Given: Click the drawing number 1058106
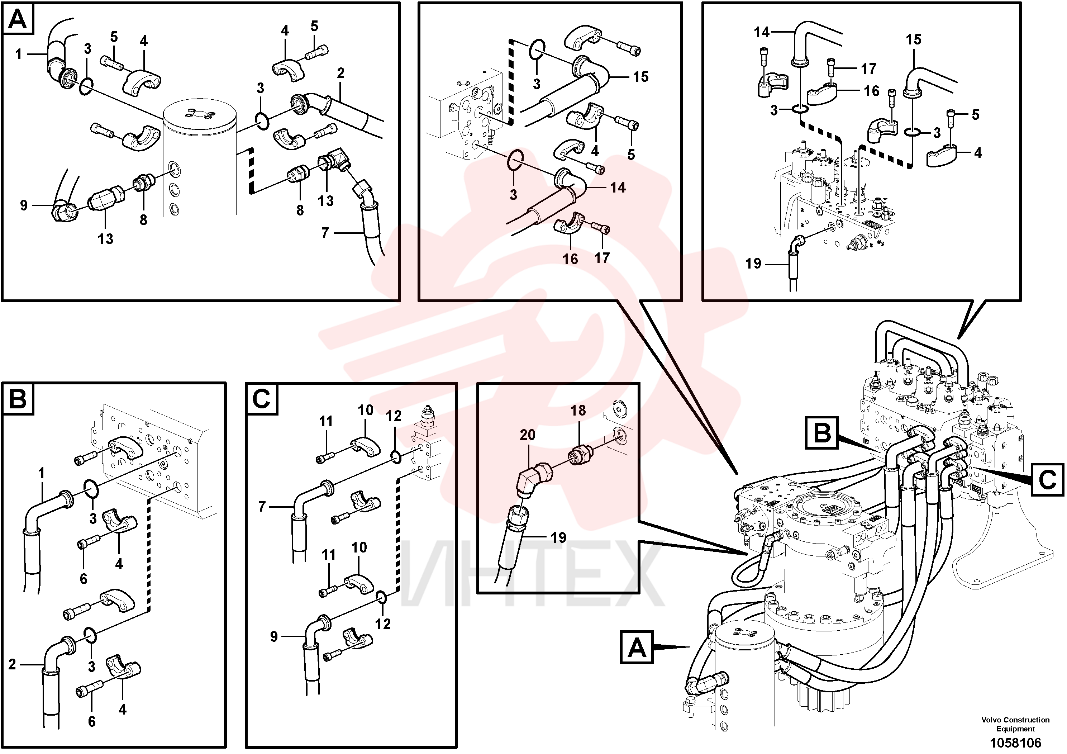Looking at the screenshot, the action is (x=1015, y=743).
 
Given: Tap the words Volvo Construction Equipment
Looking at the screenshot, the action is (x=1015, y=724).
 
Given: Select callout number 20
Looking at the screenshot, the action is (x=528, y=435).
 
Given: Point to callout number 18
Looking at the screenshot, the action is (x=578, y=410).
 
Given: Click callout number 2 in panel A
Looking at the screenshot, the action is (x=340, y=73).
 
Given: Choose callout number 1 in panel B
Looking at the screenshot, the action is (x=41, y=473).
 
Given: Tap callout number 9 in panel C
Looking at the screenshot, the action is (x=274, y=636).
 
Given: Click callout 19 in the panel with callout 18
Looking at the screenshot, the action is (x=558, y=537).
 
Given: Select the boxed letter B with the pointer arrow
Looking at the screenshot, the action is (x=822, y=433).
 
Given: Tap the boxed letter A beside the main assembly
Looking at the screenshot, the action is (x=637, y=647).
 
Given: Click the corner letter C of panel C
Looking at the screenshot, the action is (x=261, y=398).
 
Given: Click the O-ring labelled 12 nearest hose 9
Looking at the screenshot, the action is (x=380, y=597).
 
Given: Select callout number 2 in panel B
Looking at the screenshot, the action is (x=12, y=664).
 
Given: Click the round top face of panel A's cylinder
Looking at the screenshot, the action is (x=200, y=116).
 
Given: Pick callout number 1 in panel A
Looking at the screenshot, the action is (x=18, y=54).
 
